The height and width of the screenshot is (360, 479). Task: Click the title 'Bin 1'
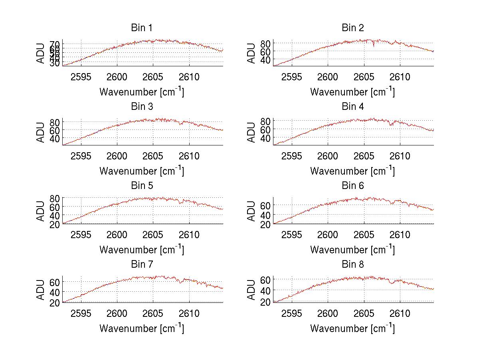coord(142,28)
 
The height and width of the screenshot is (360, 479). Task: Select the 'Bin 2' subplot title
coord(353,28)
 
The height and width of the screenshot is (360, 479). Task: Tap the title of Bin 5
coord(142,186)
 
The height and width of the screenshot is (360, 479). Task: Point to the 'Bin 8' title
coord(353,265)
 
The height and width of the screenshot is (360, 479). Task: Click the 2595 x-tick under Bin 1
coord(81,77)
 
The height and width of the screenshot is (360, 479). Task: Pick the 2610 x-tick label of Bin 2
coord(400,77)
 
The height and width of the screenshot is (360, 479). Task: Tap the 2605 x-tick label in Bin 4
coord(364,156)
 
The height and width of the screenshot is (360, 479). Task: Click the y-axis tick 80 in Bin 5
coord(55,198)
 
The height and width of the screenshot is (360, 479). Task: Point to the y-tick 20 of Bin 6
coord(266,225)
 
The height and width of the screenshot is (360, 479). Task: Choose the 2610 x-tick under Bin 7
coord(189,313)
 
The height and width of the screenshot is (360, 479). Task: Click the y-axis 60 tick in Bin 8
coord(266,279)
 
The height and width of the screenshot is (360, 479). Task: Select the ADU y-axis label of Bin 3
coord(41,132)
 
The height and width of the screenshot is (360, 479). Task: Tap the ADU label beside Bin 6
coord(252,211)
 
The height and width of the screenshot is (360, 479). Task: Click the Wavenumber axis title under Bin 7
coord(142,328)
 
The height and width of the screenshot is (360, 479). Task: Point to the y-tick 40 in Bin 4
coord(266,138)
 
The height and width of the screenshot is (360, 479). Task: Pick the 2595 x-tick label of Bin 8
coord(292,313)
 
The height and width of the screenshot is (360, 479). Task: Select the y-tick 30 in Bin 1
coord(55,63)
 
